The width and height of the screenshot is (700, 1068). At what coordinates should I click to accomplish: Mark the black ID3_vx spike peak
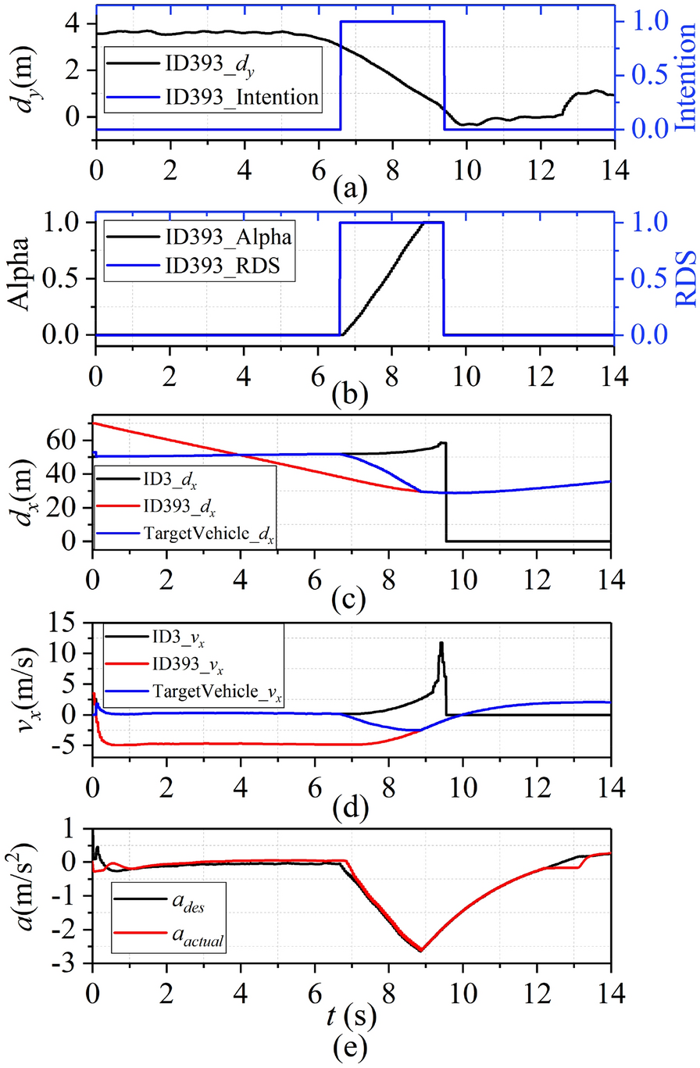pyautogui.click(x=441, y=642)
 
